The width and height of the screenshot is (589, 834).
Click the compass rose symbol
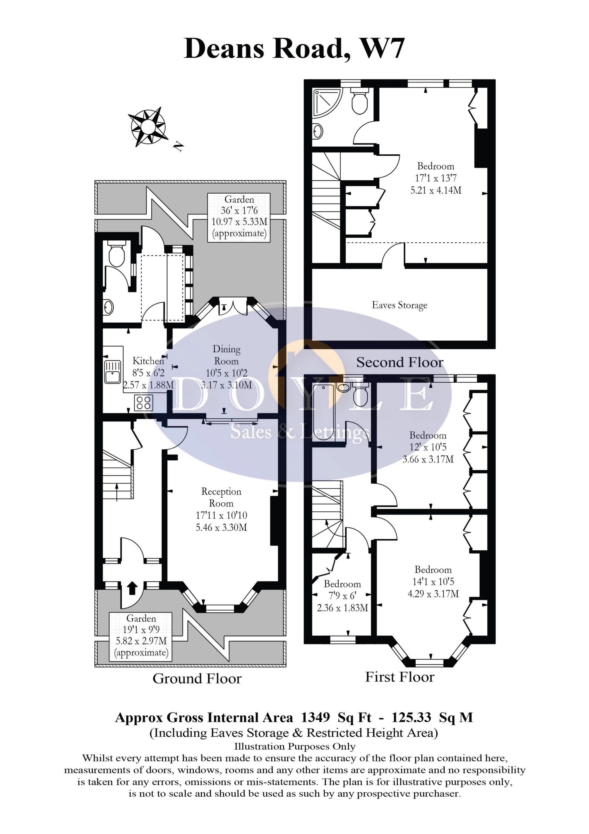(x=148, y=126)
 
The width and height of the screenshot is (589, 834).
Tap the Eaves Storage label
(x=400, y=305)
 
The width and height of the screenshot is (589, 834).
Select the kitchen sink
(x=113, y=372)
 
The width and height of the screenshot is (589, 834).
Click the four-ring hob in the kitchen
(x=144, y=402)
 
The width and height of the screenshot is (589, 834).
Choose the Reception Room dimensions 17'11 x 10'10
(x=221, y=515)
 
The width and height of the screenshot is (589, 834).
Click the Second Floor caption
(x=400, y=362)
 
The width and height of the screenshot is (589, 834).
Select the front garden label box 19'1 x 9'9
(x=141, y=636)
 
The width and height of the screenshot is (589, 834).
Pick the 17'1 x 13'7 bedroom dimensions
(x=436, y=178)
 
